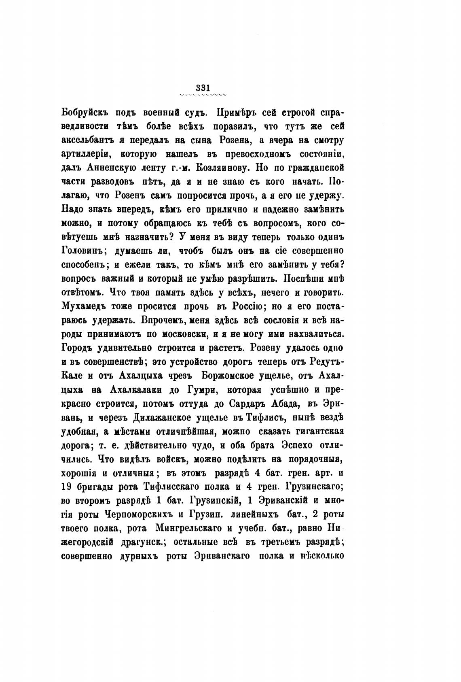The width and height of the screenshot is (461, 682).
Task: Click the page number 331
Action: click(202, 87)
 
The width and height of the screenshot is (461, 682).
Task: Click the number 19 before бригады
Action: click(66, 487)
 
